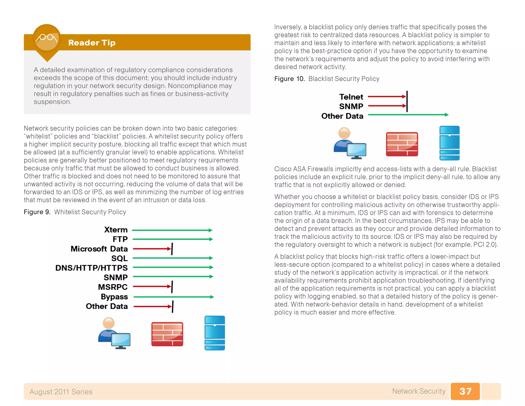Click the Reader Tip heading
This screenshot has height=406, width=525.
tap(92, 43)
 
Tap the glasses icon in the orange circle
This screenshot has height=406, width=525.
tap(46, 38)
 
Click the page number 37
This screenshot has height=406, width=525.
tap(465, 391)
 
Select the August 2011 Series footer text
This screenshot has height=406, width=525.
tap(61, 392)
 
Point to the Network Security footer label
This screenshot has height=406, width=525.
tap(419, 391)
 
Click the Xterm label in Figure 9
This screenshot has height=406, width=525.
tap(116, 229)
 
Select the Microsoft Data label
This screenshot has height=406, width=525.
tap(99, 249)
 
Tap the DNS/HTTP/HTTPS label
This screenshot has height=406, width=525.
tap(91, 268)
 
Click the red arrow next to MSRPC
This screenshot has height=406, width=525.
tap(152, 286)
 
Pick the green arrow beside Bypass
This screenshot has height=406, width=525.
tap(173, 297)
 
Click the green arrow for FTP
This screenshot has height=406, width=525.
tap(172, 239)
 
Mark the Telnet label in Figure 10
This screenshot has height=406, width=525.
tap(351, 97)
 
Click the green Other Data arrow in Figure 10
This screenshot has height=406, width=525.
tap(408, 115)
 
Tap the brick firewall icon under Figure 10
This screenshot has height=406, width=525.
tap(402, 144)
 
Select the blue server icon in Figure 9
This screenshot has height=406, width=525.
tap(215, 333)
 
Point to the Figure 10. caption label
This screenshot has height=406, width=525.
tap(289, 79)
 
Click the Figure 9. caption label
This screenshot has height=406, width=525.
tap(37, 212)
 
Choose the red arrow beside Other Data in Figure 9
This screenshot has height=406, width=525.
tap(152, 306)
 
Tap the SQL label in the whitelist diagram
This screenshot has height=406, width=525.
tap(119, 258)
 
